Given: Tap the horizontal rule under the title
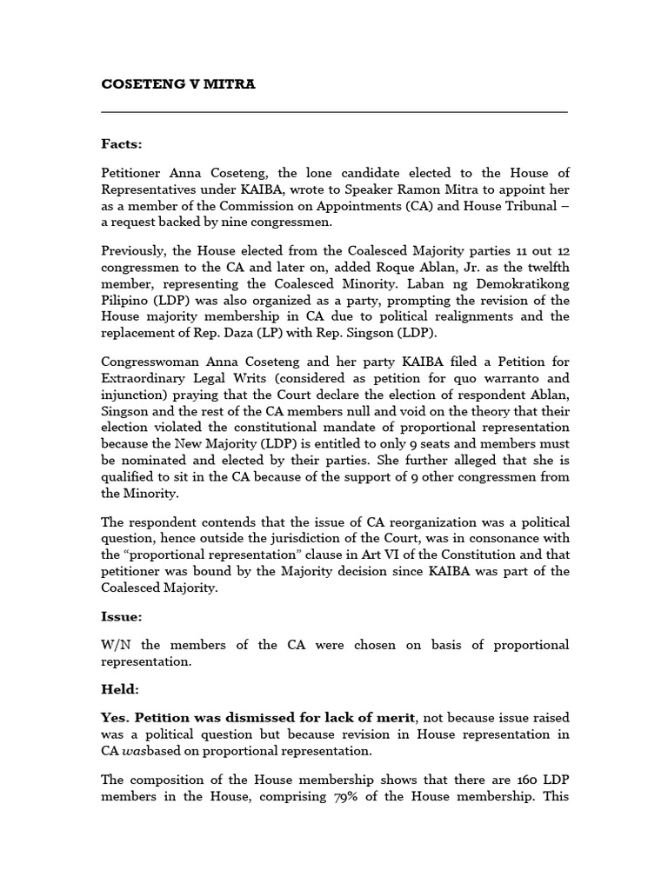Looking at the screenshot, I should pyautogui.click(x=334, y=112).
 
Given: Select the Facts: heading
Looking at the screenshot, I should pyautogui.click(x=121, y=143).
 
